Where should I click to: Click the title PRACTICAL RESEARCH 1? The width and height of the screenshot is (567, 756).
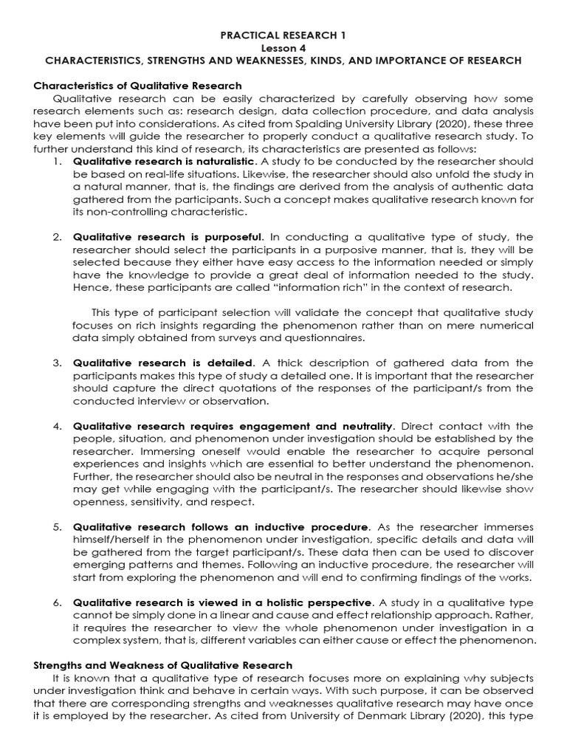[x=283, y=35]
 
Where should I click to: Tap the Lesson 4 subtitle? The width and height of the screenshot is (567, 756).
[x=283, y=48]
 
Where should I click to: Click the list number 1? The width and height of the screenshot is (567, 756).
[x=57, y=161]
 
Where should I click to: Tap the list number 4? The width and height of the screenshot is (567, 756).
[x=57, y=427]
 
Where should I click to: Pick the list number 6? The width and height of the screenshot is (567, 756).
[x=57, y=602]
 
